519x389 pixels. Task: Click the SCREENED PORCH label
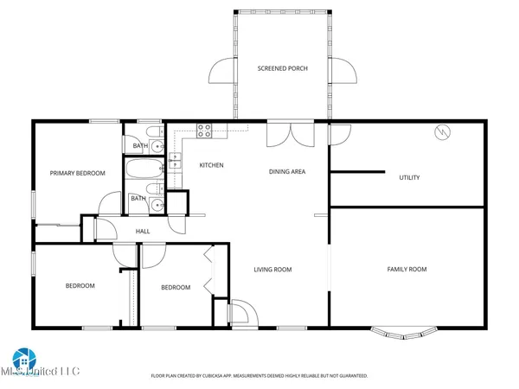282,68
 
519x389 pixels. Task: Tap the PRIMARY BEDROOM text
77,173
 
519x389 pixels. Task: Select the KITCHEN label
212,165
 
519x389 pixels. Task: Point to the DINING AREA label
287,171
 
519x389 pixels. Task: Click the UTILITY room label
409,178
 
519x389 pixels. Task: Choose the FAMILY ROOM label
406,270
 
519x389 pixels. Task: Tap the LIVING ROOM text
272,270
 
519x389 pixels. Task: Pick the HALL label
143,231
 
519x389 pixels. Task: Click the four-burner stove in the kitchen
206,131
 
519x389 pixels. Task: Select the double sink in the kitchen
175,161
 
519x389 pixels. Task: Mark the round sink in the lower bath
156,205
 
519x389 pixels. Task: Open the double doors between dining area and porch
285,134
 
